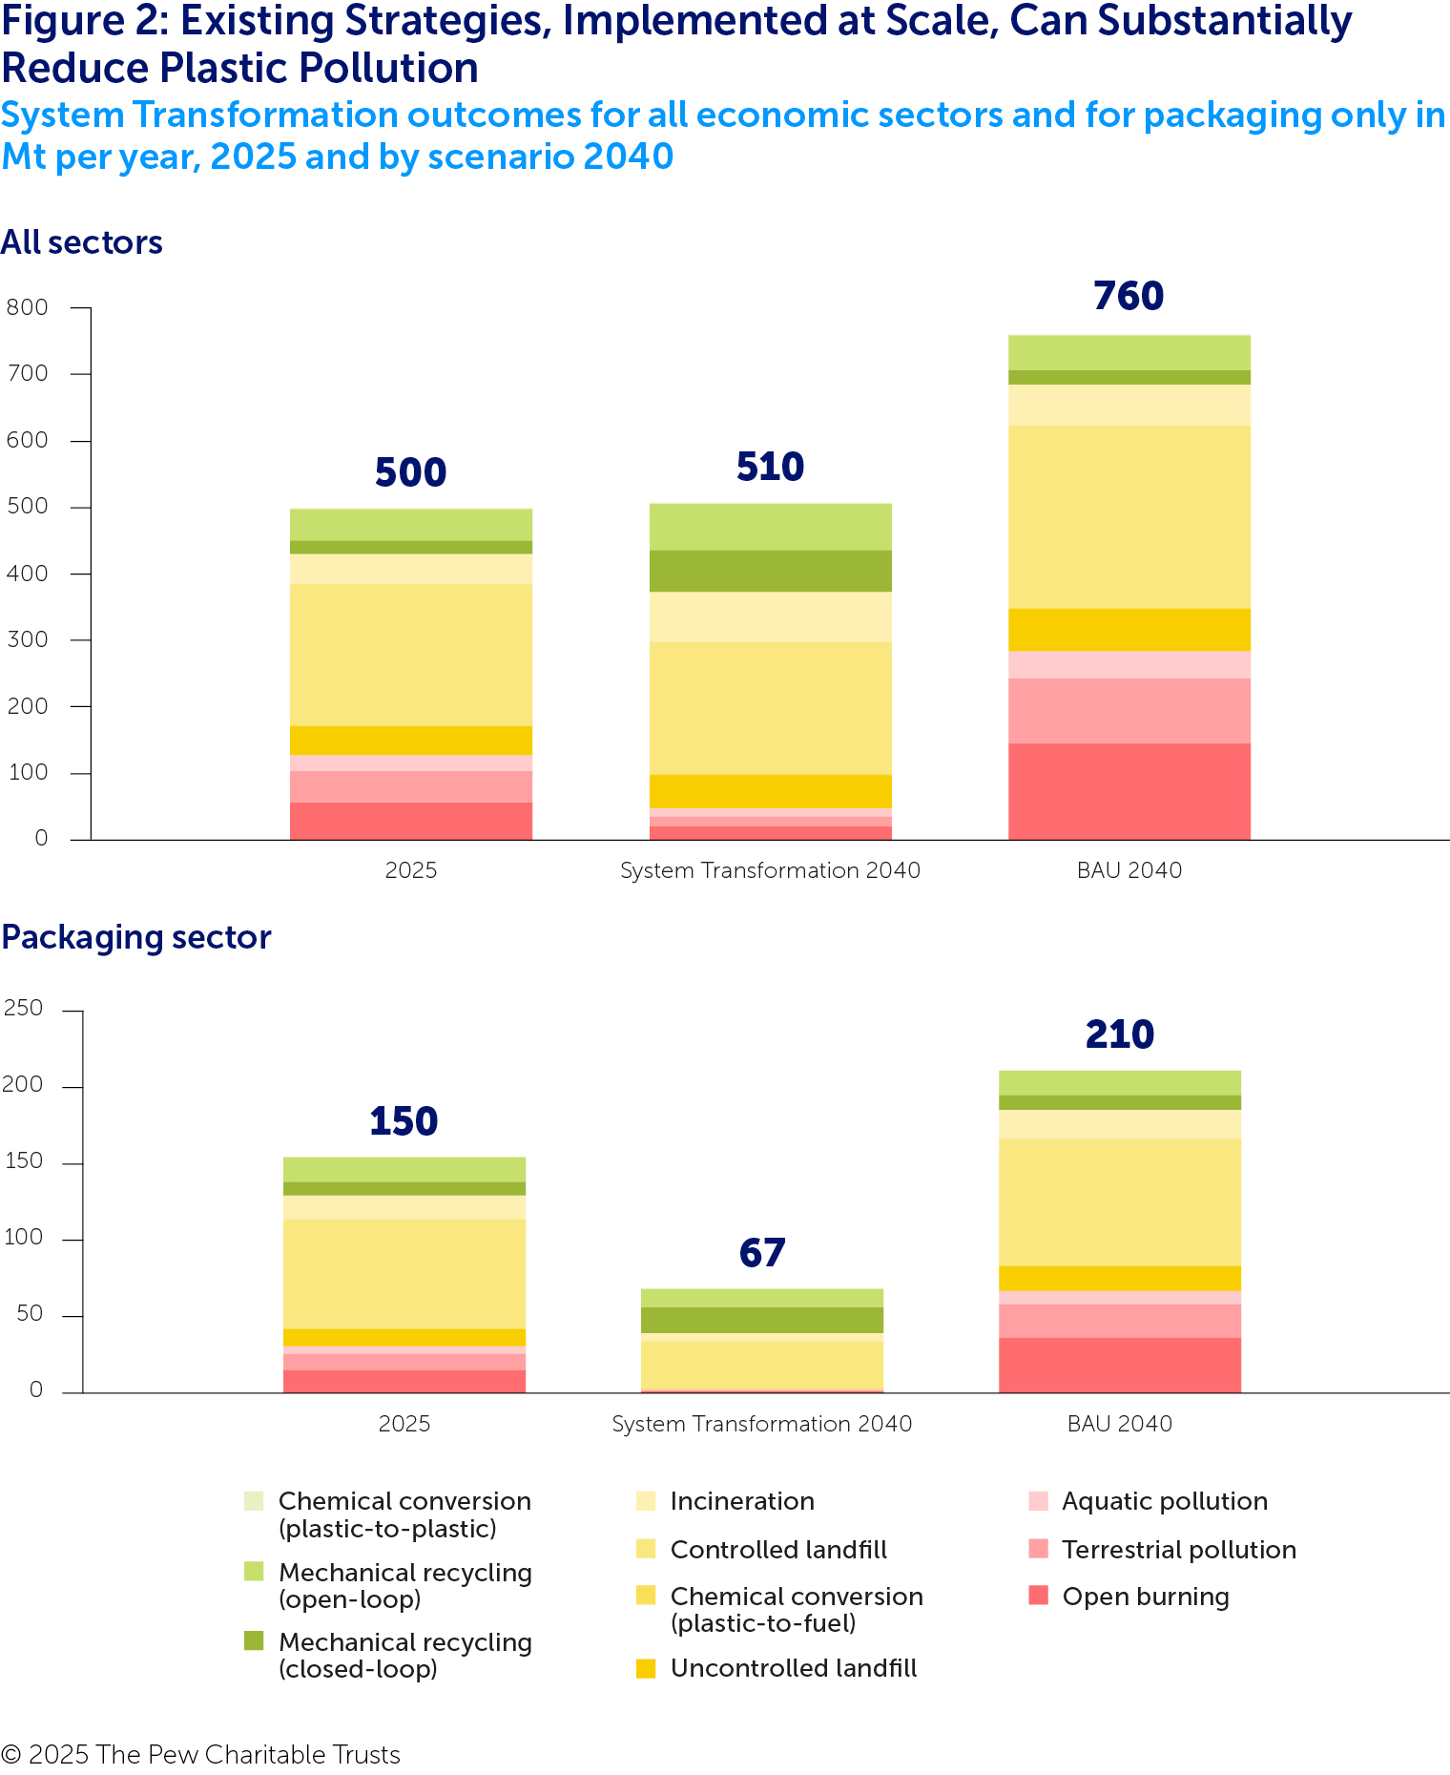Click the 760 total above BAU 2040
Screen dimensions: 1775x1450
tap(1129, 297)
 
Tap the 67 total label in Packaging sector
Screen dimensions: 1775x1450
tap(761, 1254)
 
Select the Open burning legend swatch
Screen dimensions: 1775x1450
tap(1039, 1595)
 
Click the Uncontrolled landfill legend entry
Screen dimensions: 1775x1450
tap(793, 1668)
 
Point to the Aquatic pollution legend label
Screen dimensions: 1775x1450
tap(1165, 1501)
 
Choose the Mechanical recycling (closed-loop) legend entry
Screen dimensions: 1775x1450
tap(404, 1656)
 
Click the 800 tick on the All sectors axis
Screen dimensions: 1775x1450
tap(27, 307)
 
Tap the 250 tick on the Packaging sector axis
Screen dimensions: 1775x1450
tap(24, 1009)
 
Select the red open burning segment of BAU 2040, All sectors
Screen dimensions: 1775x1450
tap(1129, 791)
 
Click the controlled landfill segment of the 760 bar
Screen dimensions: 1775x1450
tap(1129, 516)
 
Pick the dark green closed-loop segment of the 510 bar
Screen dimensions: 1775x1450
tap(770, 571)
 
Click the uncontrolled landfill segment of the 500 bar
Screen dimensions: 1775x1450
tap(410, 741)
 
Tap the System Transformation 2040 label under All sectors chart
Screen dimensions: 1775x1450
tap(770, 870)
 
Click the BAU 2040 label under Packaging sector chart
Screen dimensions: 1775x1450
tap(1119, 1424)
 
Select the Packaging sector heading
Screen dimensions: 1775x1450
tap(136, 937)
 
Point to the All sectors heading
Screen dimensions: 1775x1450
tap(82, 242)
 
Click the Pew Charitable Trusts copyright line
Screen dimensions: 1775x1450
tap(200, 1754)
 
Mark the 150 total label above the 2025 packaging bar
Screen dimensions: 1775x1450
tap(404, 1121)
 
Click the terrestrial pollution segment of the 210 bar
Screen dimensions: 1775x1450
tap(1119, 1321)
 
